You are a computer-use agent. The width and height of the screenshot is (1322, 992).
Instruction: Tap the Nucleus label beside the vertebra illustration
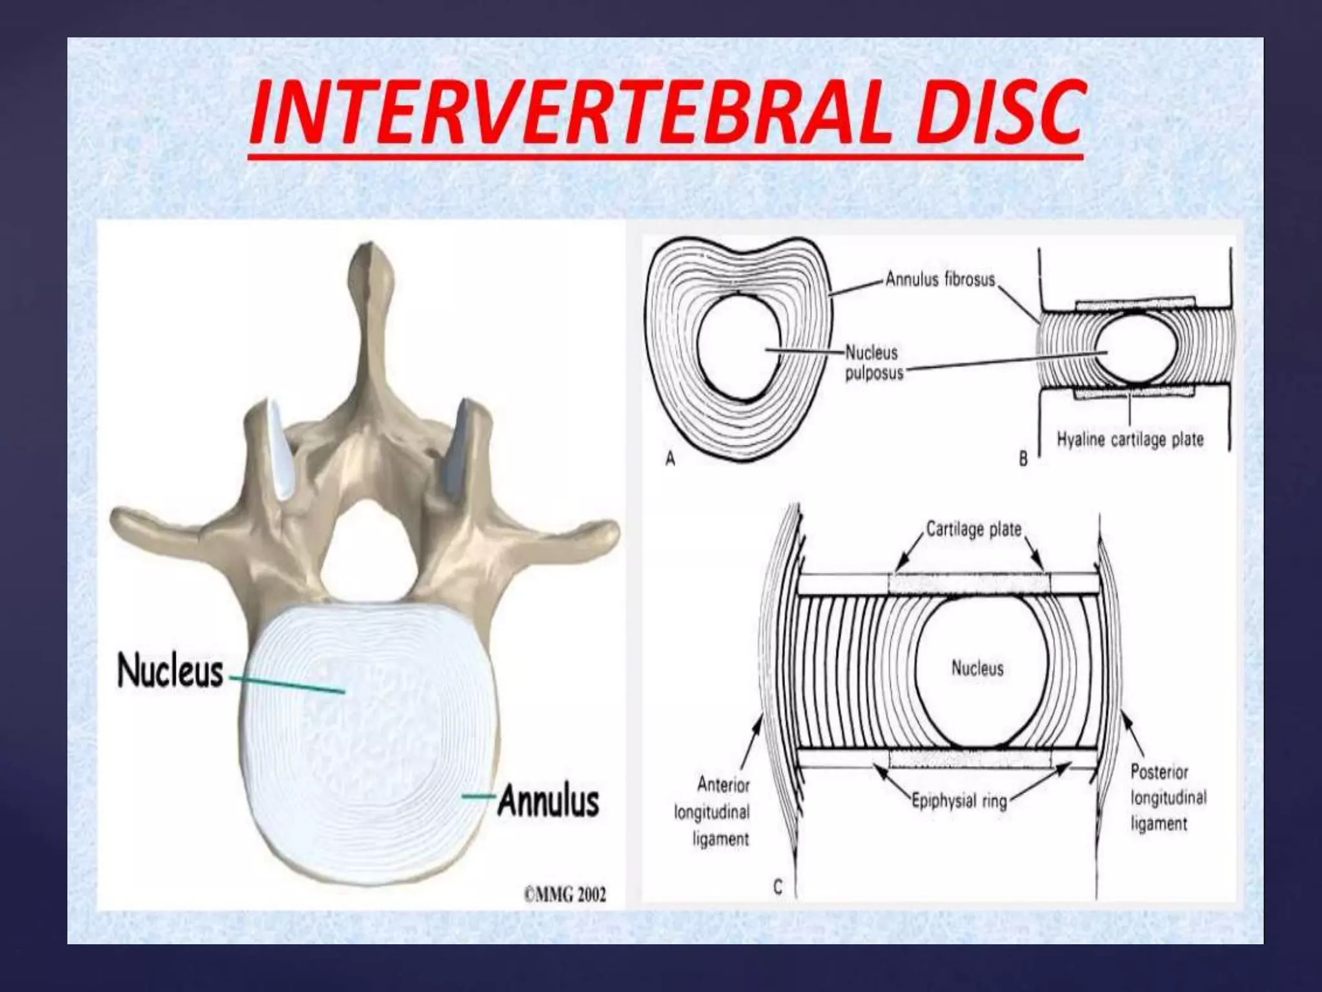170,672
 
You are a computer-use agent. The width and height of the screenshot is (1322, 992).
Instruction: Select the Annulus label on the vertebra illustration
548,801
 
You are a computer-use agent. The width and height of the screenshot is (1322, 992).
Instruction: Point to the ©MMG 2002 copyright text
565,894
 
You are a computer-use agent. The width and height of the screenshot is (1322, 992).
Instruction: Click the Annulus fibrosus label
940,280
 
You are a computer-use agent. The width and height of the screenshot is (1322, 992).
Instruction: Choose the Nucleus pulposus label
873,363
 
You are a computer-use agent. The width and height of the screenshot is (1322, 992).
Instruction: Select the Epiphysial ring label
959,801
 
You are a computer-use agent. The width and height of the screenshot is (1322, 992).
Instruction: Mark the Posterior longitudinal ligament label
1168,798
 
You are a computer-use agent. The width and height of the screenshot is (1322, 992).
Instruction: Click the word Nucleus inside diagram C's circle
977,668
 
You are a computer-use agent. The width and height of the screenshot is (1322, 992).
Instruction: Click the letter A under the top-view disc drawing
670,459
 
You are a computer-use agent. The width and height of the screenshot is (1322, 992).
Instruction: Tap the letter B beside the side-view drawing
1023,459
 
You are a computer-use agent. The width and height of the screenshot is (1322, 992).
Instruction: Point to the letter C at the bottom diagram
777,887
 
